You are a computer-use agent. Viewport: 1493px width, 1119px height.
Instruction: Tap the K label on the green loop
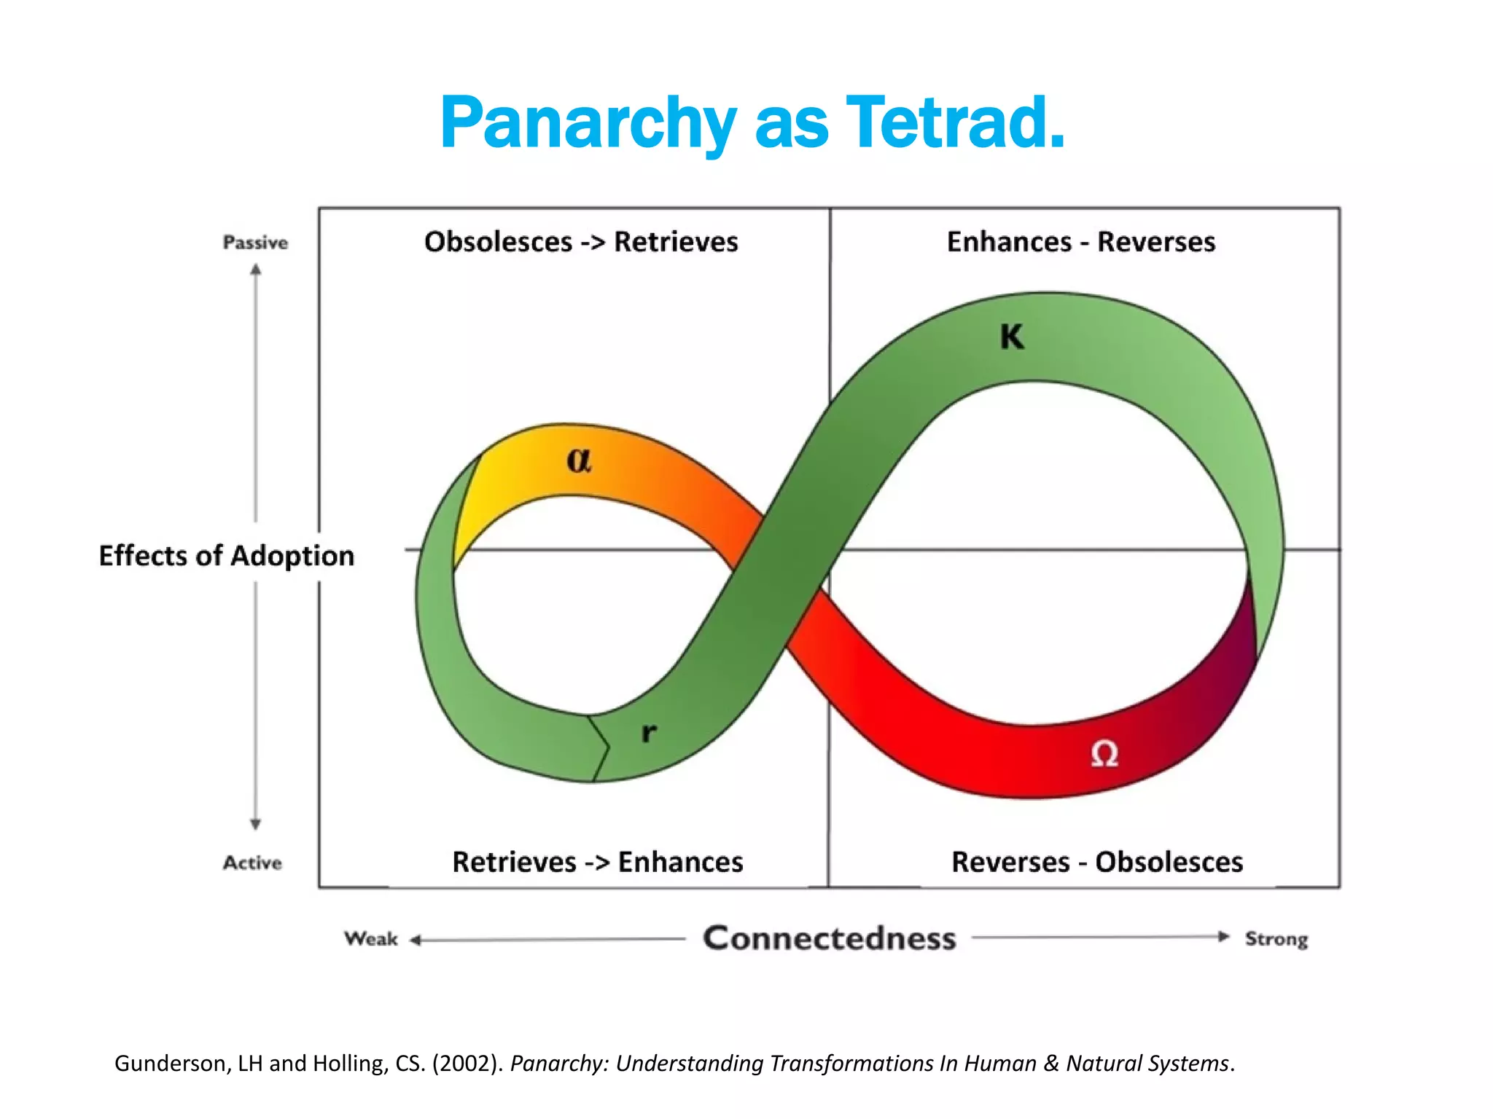click(1012, 337)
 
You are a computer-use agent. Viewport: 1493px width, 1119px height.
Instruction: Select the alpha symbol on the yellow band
click(580, 460)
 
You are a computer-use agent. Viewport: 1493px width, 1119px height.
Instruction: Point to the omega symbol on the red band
click(1104, 753)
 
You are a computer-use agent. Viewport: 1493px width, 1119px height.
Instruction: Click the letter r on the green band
click(649, 732)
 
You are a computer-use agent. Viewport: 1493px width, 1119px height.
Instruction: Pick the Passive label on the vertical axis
click(255, 243)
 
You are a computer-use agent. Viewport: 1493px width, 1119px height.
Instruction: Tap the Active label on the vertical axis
click(252, 863)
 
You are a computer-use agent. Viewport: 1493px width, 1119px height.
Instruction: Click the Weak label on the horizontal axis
click(371, 938)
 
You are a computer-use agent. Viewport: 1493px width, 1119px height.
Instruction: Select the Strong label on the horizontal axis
click(1276, 939)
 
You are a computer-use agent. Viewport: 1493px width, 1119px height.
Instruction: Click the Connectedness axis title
click(829, 938)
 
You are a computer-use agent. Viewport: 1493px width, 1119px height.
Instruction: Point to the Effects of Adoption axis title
click(227, 556)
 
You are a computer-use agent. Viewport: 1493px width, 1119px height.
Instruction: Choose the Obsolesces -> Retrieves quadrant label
click(581, 242)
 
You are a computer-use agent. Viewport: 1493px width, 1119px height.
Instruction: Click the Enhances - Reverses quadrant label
click(1081, 242)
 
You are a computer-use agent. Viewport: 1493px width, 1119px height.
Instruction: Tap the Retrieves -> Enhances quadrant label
click(598, 863)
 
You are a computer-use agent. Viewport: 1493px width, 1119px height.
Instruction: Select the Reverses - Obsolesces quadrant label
click(1097, 863)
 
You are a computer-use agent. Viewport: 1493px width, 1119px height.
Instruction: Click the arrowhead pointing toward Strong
click(1224, 937)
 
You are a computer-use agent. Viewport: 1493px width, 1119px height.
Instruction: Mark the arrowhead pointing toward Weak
click(416, 941)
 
